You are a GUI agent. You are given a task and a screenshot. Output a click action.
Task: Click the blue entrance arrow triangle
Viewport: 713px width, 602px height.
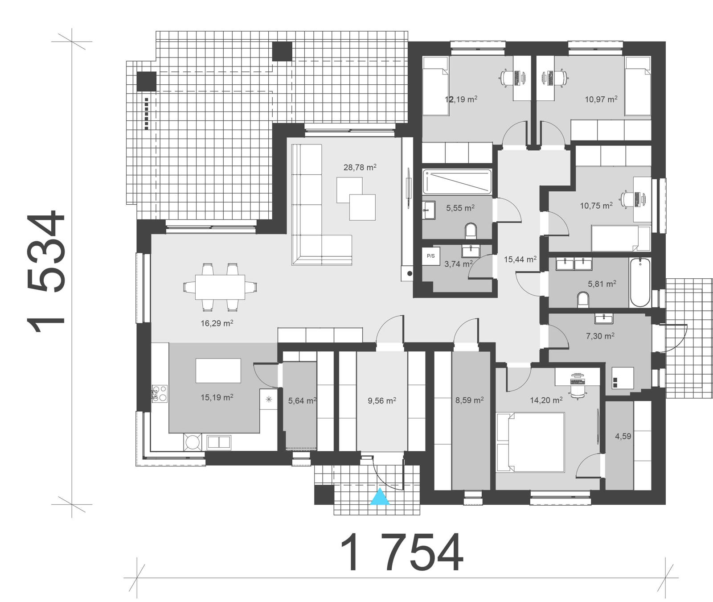[380, 497]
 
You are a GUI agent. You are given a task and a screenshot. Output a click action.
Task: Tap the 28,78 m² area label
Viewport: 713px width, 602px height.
[360, 167]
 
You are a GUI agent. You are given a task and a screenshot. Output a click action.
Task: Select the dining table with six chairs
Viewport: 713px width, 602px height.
[220, 287]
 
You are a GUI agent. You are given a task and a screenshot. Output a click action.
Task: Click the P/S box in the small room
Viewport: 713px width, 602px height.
[431, 256]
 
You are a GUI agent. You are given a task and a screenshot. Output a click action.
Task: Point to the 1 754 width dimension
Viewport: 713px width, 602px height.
[402, 552]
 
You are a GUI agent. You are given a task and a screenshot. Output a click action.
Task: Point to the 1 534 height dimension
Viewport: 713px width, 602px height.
[46, 272]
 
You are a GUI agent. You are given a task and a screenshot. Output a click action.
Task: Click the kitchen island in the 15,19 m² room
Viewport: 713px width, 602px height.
[218, 371]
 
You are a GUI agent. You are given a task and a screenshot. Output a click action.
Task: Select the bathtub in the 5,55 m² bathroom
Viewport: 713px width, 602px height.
[457, 181]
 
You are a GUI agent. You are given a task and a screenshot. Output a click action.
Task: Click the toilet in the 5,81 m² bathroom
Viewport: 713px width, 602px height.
[583, 299]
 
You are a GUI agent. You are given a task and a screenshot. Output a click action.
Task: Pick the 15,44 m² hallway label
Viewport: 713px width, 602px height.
[520, 259]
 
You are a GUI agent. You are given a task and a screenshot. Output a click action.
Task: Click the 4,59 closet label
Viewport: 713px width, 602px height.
[623, 436]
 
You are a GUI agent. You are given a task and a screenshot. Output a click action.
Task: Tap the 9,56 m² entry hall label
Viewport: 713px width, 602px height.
[382, 400]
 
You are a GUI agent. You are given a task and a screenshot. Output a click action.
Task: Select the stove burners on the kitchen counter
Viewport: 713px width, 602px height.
[160, 393]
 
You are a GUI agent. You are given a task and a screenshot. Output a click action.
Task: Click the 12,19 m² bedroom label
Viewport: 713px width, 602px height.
[461, 99]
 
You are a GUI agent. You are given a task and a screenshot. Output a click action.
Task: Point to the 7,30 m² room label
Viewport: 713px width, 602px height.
[600, 336]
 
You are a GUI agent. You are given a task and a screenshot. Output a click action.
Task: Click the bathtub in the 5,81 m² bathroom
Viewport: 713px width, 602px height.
[640, 282]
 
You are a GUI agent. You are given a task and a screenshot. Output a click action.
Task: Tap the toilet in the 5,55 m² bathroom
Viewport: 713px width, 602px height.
[471, 231]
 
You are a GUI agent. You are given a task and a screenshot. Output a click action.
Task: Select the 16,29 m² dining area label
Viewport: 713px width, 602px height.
[217, 323]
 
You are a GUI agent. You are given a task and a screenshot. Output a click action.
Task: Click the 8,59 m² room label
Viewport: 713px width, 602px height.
[469, 400]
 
